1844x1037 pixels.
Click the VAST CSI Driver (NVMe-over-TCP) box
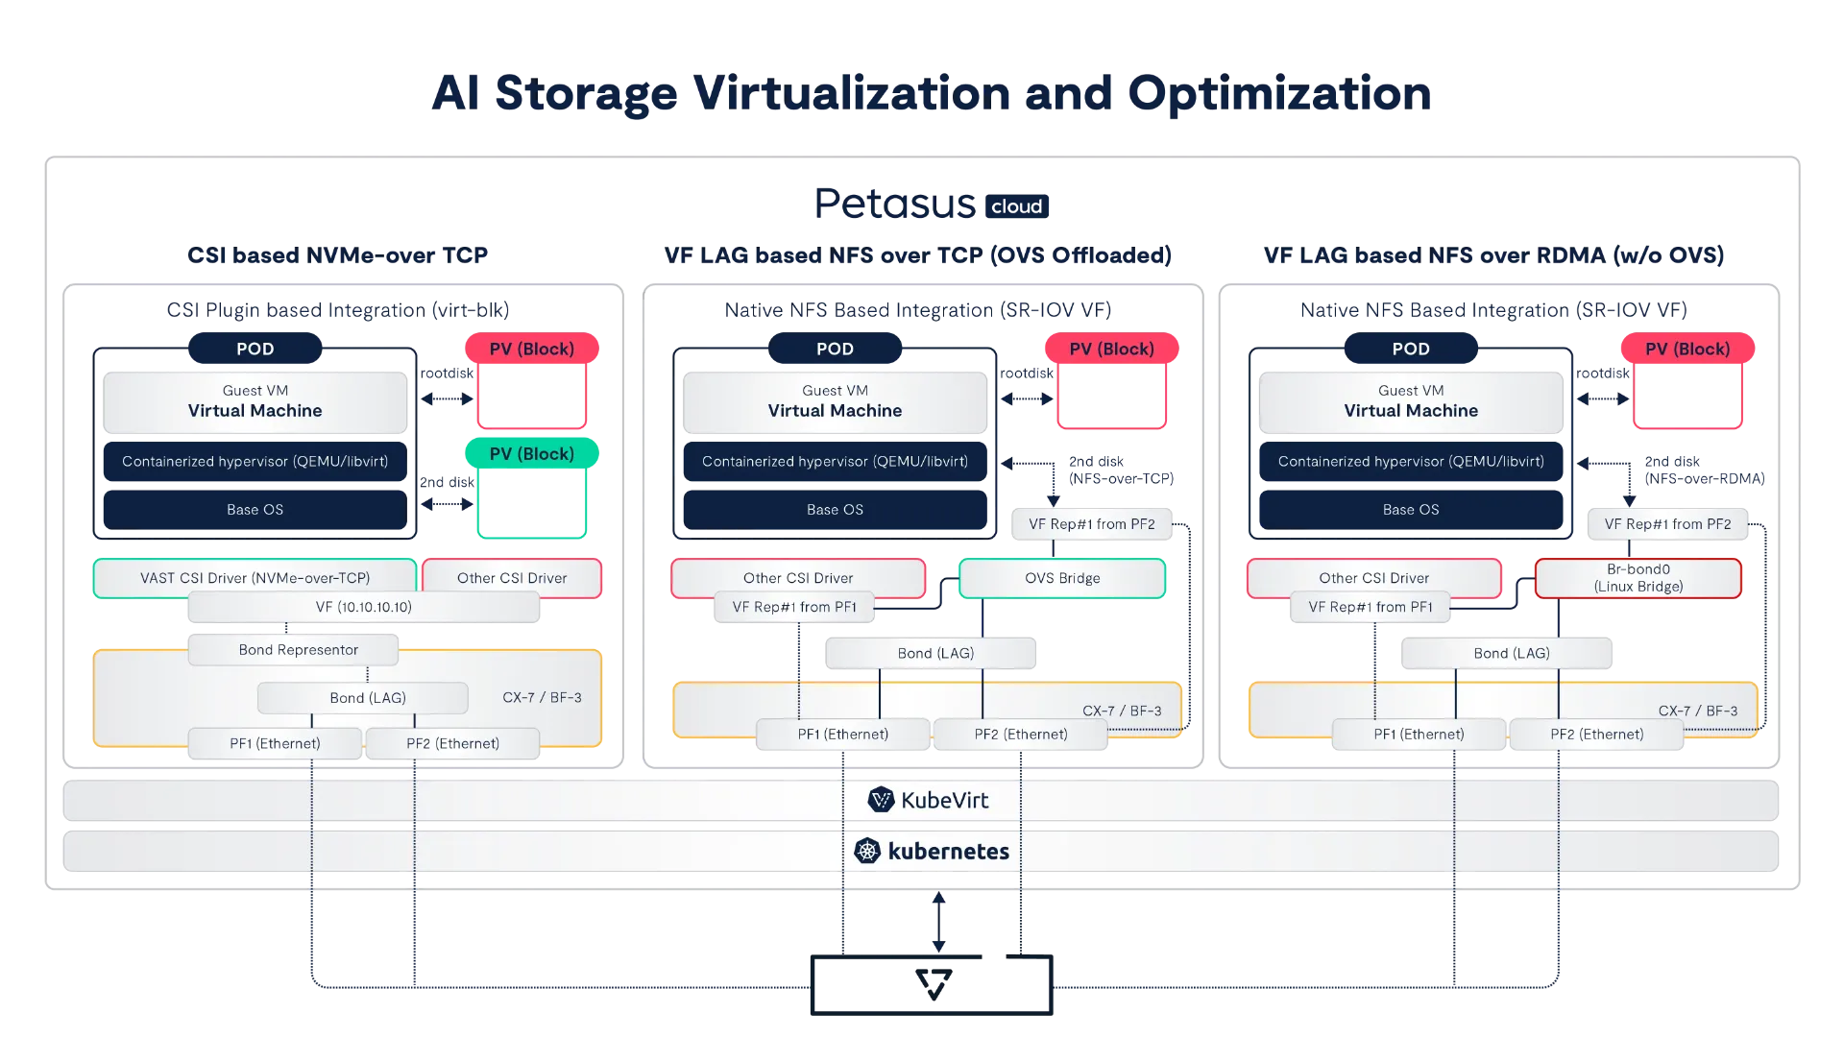click(x=255, y=578)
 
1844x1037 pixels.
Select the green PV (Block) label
click(x=531, y=454)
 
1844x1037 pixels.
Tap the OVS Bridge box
click(x=1061, y=578)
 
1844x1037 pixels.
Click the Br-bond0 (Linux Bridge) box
click(x=1638, y=578)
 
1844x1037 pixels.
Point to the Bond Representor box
click(x=298, y=650)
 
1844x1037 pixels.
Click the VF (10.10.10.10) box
click(x=363, y=607)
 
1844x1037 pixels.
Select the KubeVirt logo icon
click(x=881, y=800)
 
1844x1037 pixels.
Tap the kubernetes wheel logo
click(x=867, y=851)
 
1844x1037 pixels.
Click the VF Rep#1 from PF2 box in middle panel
click(x=1091, y=524)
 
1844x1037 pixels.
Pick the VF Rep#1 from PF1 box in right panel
click(x=1370, y=607)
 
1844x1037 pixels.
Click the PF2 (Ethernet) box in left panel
click(x=452, y=743)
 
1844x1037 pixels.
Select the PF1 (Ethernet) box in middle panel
click(x=842, y=735)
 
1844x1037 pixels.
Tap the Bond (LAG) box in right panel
click(x=1511, y=653)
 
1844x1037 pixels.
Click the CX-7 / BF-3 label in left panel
click(x=542, y=698)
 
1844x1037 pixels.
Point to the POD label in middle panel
click(x=835, y=349)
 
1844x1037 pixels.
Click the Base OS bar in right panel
click(x=1410, y=510)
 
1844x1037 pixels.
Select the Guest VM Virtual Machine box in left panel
click(x=255, y=401)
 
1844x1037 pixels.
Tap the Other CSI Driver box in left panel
click(x=512, y=578)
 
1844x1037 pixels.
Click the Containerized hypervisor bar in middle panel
click(x=835, y=462)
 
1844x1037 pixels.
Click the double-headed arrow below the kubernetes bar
click(x=940, y=922)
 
